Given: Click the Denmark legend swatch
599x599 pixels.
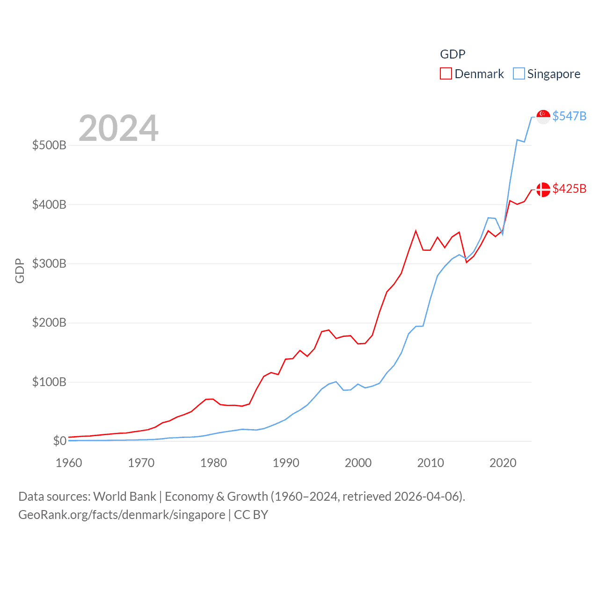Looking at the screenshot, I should click(x=446, y=74).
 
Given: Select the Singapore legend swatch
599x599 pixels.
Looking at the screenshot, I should click(x=519, y=74).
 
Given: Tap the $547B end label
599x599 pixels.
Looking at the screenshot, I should click(x=569, y=116).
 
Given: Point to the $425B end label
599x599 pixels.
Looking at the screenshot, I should click(x=569, y=189).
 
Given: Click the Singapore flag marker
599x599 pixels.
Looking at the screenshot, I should click(x=543, y=117).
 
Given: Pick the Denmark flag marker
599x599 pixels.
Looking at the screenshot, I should click(x=543, y=190).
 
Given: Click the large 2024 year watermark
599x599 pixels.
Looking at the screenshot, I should click(x=118, y=128).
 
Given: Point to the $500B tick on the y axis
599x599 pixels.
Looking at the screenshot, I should click(x=49, y=145).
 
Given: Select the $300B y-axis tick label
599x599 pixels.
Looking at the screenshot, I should click(x=49, y=263).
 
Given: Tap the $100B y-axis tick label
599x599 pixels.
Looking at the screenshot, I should click(x=49, y=382).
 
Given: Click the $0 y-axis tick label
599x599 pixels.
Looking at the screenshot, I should click(x=59, y=441).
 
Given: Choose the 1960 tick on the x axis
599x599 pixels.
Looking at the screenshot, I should click(x=69, y=463).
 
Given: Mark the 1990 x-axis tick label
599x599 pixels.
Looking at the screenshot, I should click(x=286, y=463).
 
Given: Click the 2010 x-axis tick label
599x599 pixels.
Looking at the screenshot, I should click(x=431, y=463).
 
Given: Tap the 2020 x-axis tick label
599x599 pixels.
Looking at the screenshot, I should click(x=503, y=463).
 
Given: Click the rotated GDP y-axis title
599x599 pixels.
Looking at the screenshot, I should click(x=20, y=270).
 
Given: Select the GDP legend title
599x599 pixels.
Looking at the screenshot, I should click(x=453, y=54).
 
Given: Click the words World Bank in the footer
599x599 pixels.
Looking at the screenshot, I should click(x=124, y=496).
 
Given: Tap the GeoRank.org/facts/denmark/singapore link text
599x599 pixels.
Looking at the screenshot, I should click(x=122, y=515).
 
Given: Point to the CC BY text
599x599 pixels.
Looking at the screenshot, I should click(x=251, y=515).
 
